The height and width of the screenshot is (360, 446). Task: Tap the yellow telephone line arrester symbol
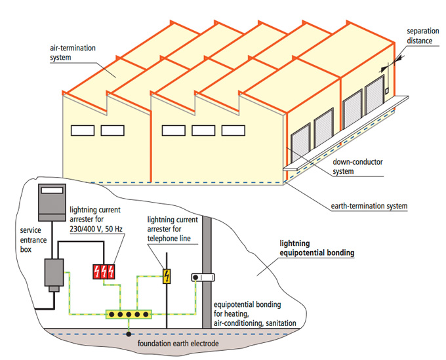point(167,276)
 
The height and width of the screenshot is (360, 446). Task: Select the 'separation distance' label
point(421,35)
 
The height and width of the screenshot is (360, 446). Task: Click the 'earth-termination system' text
point(367,206)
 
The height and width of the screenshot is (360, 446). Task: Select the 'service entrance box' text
point(31,236)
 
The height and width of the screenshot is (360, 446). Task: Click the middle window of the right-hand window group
point(203,130)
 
